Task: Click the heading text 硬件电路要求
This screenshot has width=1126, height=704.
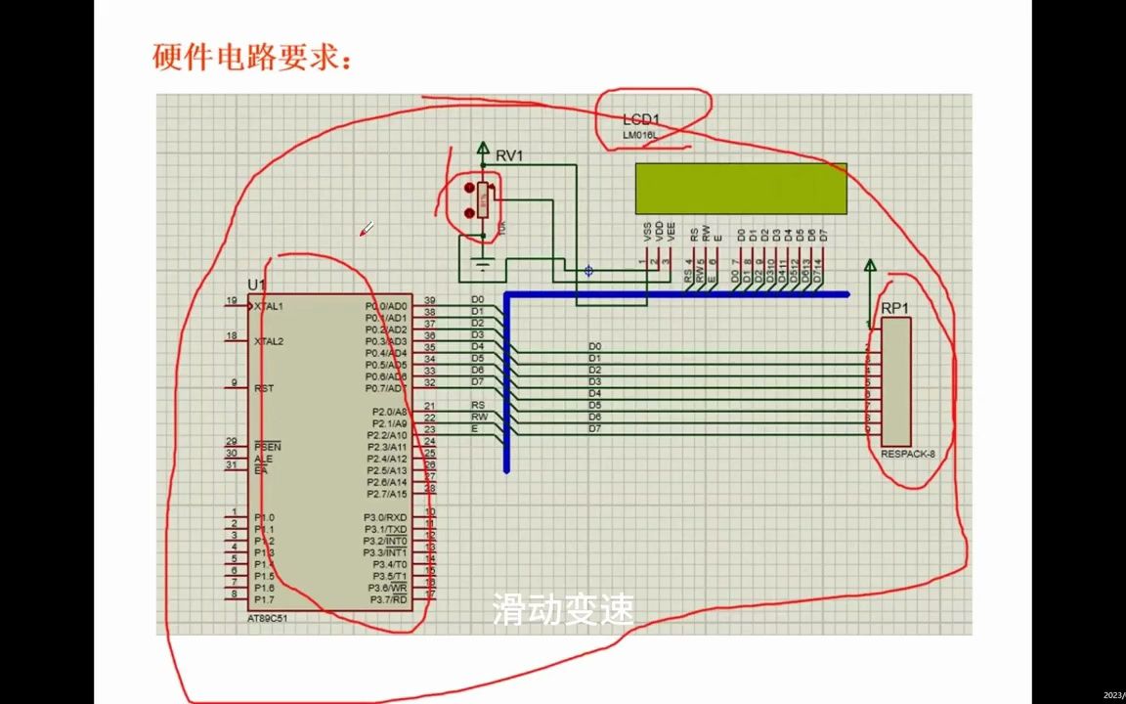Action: pyautogui.click(x=251, y=57)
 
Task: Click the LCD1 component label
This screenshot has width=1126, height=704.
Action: pyautogui.click(x=642, y=119)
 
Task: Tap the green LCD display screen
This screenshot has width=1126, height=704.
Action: pyautogui.click(x=741, y=188)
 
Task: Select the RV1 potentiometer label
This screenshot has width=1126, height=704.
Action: pyautogui.click(x=509, y=155)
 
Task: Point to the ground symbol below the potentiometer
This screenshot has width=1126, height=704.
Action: pyautogui.click(x=481, y=261)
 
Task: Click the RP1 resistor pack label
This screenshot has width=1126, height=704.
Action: pyautogui.click(x=894, y=308)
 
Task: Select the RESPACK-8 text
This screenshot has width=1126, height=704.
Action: pyautogui.click(x=907, y=454)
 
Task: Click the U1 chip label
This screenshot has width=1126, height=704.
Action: pyautogui.click(x=256, y=285)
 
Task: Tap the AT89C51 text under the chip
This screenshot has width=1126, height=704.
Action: pyautogui.click(x=268, y=618)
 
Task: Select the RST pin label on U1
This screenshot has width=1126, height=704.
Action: pyautogui.click(x=264, y=388)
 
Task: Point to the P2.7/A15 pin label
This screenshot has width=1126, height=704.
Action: pyautogui.click(x=387, y=494)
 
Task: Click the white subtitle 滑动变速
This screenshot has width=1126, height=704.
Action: pyautogui.click(x=563, y=610)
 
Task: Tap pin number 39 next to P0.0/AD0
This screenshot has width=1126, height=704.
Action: pyautogui.click(x=429, y=301)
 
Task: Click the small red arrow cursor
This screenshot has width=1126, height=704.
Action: pyautogui.click(x=367, y=229)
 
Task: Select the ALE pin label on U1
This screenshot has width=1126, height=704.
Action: pyautogui.click(x=263, y=459)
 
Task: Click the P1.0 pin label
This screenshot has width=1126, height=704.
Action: pyautogui.click(x=264, y=517)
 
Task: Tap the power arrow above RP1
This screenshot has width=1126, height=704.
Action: pyautogui.click(x=870, y=266)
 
